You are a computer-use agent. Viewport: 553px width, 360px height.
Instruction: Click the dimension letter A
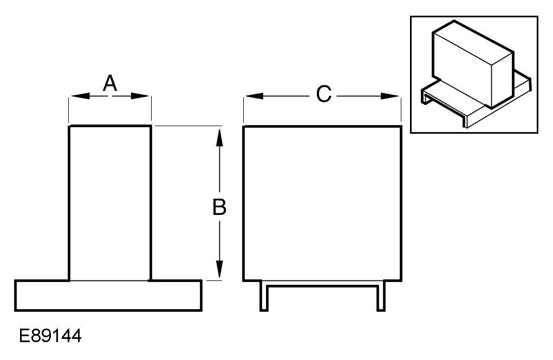click(x=110, y=83)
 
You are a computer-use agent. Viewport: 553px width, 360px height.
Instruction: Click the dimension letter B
click(x=219, y=207)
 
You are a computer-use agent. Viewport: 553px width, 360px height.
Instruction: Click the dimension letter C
click(x=323, y=94)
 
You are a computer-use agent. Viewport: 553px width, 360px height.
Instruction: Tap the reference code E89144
click(x=50, y=336)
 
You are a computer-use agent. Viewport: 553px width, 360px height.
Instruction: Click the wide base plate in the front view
click(x=108, y=295)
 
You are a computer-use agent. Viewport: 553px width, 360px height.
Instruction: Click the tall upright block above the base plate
click(x=110, y=203)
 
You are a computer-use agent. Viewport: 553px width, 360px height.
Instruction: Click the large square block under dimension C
click(x=322, y=203)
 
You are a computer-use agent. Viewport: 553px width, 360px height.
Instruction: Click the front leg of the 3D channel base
click(x=465, y=121)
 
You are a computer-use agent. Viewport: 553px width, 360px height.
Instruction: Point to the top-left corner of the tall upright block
click(x=69, y=127)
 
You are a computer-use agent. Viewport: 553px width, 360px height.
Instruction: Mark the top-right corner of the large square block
click(x=401, y=127)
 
